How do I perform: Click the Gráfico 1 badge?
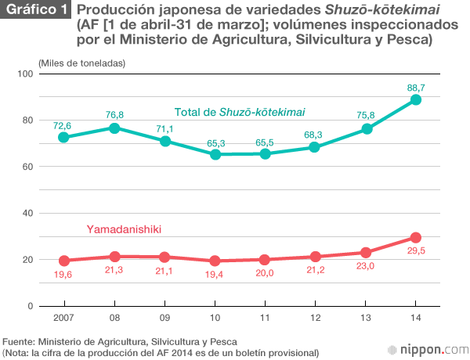(35, 11)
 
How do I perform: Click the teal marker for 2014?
(416, 99)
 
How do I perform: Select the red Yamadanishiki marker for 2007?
(64, 261)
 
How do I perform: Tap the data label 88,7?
(416, 88)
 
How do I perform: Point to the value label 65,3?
(215, 142)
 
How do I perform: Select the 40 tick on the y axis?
(25, 213)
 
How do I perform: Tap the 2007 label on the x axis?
(64, 319)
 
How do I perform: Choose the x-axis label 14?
(416, 319)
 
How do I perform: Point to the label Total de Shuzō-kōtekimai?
(240, 113)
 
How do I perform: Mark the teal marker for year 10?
(215, 154)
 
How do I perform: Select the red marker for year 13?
(366, 253)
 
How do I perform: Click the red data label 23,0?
(366, 267)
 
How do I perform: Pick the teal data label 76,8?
(114, 115)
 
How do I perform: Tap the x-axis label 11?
(266, 319)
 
